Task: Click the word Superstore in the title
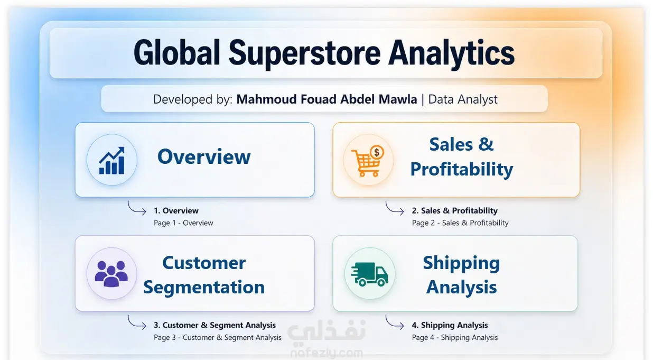(x=305, y=54)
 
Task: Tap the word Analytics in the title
(x=451, y=54)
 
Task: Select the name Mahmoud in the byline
(x=266, y=99)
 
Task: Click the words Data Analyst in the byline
(x=463, y=99)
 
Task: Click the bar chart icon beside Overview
(x=112, y=161)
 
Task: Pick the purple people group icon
(x=111, y=274)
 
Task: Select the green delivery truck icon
(x=369, y=274)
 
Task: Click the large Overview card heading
(x=204, y=156)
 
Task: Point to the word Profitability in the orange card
(x=462, y=169)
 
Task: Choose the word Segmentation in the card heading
(x=204, y=287)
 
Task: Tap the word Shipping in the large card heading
(x=461, y=263)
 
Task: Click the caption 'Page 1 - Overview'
(x=183, y=223)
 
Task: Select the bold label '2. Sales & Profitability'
(x=454, y=210)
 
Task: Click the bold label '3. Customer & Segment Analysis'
(x=214, y=325)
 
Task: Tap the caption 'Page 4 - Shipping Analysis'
(x=454, y=338)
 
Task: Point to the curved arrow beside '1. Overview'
(x=134, y=210)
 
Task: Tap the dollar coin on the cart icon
(x=377, y=152)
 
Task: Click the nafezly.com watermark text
(x=326, y=353)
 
